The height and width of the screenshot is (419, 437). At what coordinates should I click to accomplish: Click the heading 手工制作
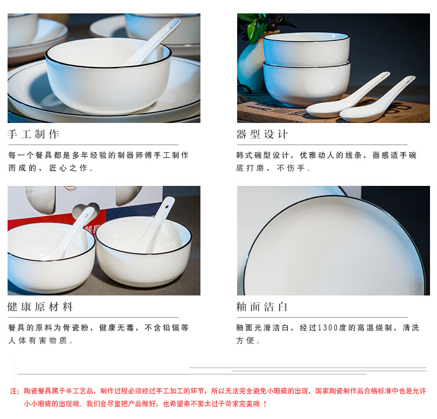click(34, 134)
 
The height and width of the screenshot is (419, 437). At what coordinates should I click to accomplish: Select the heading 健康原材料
click(40, 307)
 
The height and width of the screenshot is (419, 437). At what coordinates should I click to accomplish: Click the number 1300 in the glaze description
click(330, 328)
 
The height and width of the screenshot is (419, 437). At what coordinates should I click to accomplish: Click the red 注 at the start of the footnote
click(15, 391)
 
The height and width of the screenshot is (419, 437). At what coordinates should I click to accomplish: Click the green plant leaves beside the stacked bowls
click(256, 26)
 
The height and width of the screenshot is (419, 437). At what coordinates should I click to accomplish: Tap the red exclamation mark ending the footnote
click(265, 403)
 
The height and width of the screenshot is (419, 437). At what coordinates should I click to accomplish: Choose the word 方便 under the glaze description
click(245, 341)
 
